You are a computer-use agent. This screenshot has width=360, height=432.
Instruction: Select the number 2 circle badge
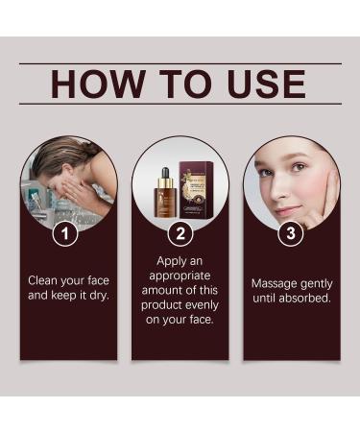point(180,233)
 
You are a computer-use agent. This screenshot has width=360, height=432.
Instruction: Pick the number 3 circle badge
point(291,233)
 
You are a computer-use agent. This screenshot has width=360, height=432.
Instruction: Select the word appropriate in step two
point(180,275)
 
